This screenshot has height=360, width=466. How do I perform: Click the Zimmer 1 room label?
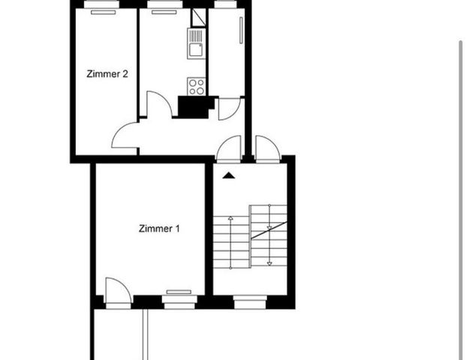pyautogui.click(x=159, y=229)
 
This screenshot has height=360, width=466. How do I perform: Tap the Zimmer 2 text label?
pyautogui.click(x=109, y=74)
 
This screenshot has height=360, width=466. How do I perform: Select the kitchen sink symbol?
pyautogui.click(x=197, y=51)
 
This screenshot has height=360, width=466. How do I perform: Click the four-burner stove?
pyautogui.click(x=197, y=86)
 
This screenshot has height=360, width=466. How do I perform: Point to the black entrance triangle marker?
pyautogui.click(x=229, y=175)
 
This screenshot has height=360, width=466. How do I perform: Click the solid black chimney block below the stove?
pyautogui.click(x=195, y=108)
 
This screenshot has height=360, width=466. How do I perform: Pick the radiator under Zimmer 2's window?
pyautogui.click(x=104, y=12)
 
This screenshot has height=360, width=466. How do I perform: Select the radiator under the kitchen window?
pyautogui.click(x=161, y=12)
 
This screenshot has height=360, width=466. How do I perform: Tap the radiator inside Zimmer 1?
pyautogui.click(x=179, y=291)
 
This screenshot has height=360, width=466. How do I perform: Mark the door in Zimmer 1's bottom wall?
pyautogui.click(x=119, y=291)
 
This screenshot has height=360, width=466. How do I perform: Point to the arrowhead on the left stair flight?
pyautogui.click(x=230, y=217)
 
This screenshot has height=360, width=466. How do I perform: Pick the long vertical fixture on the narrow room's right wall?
pyautogui.click(x=241, y=34)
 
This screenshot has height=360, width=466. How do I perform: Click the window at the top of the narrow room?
pyautogui.click(x=224, y=4)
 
